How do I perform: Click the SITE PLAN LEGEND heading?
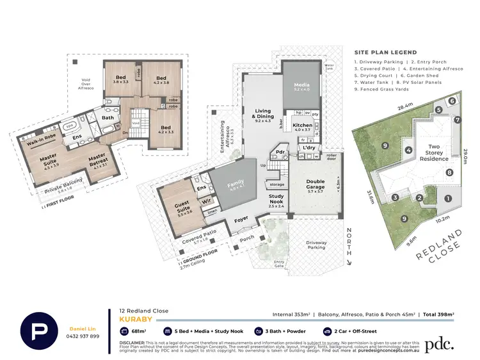(385, 53)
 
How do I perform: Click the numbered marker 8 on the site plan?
(450, 173)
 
